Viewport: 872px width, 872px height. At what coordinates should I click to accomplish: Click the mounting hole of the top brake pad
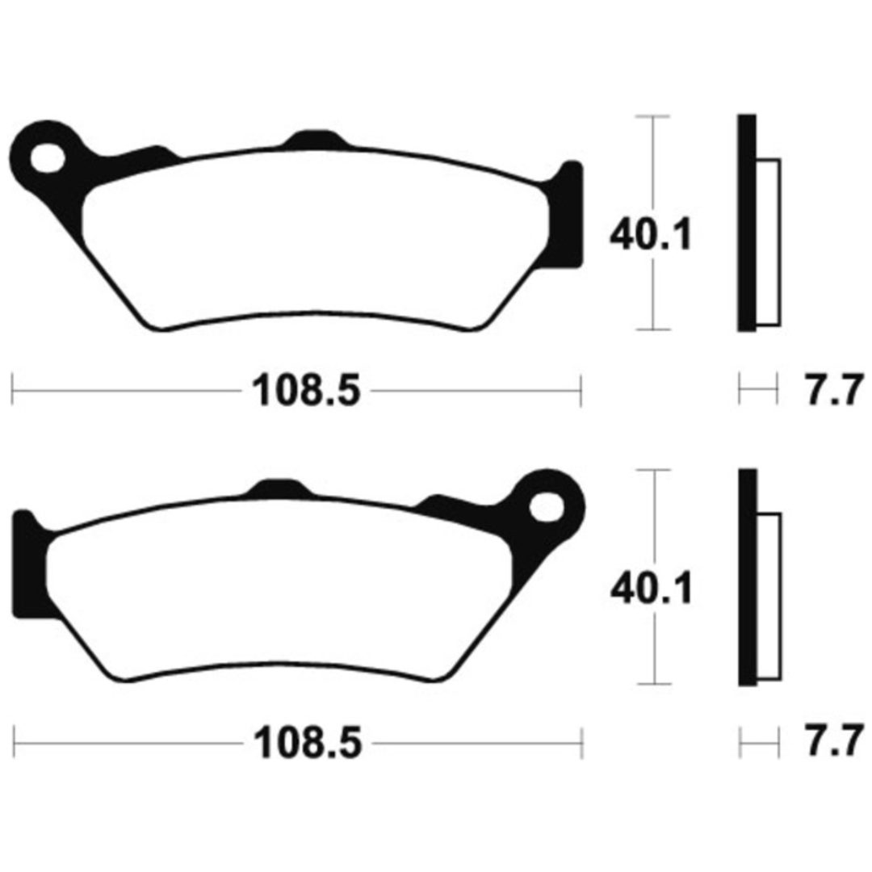(48, 158)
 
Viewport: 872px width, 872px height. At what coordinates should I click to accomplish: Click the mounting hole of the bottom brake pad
(546, 507)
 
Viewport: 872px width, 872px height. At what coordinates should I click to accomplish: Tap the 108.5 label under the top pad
(307, 391)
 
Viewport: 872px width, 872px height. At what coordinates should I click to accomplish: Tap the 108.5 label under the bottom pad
(308, 743)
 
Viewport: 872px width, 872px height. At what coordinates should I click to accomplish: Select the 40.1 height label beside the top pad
(652, 234)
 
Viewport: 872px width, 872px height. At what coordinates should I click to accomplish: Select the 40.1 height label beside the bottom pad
(652, 589)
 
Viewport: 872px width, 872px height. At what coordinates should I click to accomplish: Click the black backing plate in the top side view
(747, 223)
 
